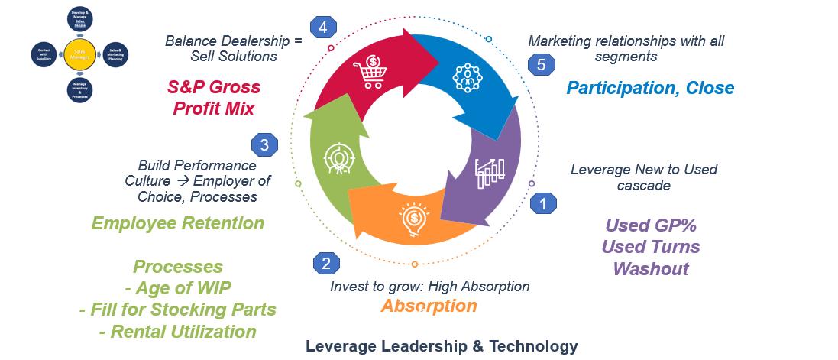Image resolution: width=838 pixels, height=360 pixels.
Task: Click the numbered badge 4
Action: pyautogui.click(x=324, y=28)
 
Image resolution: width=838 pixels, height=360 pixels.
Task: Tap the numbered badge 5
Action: pyautogui.click(x=541, y=65)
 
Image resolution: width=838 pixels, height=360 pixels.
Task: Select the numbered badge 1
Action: pyautogui.click(x=543, y=203)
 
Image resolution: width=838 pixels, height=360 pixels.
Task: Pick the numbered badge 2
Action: pyautogui.click(x=326, y=264)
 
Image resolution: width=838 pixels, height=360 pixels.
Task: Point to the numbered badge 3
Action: pyautogui.click(x=264, y=144)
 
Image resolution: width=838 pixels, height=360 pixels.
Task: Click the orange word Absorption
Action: pyautogui.click(x=429, y=306)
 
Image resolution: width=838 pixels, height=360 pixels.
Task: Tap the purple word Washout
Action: pyautogui.click(x=650, y=268)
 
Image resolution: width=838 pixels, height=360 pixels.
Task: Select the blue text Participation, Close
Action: pyautogui.click(x=650, y=88)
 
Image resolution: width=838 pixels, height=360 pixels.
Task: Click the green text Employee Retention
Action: pyautogui.click(x=177, y=223)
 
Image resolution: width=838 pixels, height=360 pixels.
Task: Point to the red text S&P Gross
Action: pyautogui.click(x=214, y=87)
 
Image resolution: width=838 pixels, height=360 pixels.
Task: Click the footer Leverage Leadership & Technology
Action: pyautogui.click(x=442, y=346)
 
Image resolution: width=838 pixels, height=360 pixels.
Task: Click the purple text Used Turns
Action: pyautogui.click(x=650, y=247)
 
